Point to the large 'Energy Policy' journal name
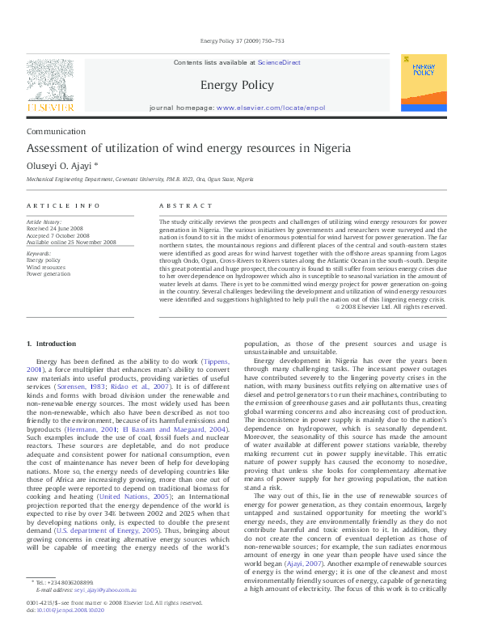coord(236,85)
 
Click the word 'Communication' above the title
coord(56,132)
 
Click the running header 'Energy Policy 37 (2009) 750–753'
coord(240,40)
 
